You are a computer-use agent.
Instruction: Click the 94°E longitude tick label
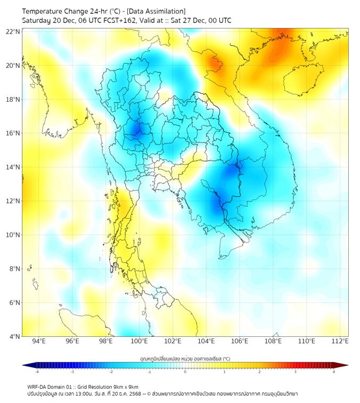point(39,342)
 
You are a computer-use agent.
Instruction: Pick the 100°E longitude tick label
point(140,342)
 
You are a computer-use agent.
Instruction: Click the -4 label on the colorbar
point(37,372)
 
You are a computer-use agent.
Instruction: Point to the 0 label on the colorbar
point(185,372)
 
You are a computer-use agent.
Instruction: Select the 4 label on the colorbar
point(333,372)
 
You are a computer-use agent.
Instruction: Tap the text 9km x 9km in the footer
point(126,387)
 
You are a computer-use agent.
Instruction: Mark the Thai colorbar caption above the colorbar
point(185,358)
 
